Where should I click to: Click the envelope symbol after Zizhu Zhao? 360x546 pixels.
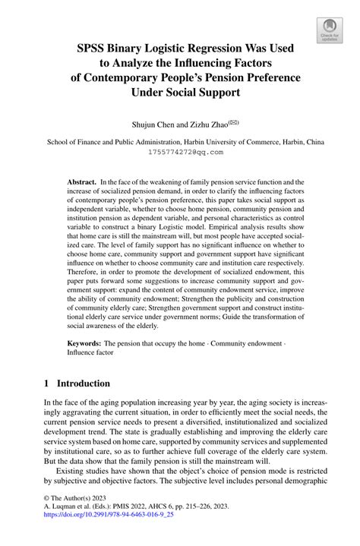click(x=242, y=119)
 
